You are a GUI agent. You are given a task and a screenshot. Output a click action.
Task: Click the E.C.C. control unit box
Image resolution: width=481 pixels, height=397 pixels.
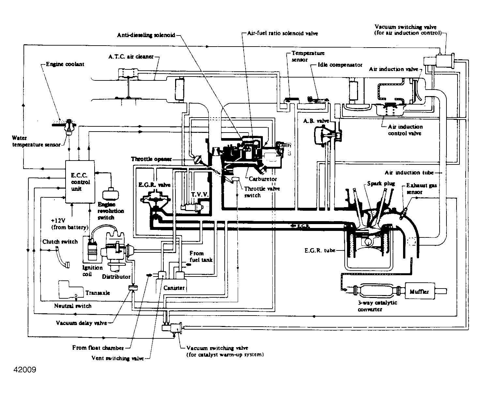pyautogui.click(x=80, y=182)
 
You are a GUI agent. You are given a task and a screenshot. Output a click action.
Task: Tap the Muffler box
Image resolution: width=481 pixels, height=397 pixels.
pyautogui.click(x=420, y=291)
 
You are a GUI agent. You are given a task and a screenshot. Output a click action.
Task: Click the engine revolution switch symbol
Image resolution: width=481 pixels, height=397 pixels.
pyautogui.click(x=111, y=194)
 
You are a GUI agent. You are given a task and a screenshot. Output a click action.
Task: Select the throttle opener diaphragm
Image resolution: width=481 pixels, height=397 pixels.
pyautogui.click(x=198, y=160)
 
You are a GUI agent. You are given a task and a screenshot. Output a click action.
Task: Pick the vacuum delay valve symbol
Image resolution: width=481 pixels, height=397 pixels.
pyautogui.click(x=133, y=288)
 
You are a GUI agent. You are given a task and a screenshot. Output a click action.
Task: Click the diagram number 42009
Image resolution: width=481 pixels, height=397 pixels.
pyautogui.click(x=25, y=370)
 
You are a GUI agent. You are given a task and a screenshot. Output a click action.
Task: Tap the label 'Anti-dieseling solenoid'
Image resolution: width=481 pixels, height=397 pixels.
pyautogui.click(x=146, y=35)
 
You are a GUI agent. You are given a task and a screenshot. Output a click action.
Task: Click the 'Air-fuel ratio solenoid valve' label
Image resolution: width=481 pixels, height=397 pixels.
pyautogui.click(x=283, y=33)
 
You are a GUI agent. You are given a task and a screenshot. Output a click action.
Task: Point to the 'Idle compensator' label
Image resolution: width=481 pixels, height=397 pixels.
pyautogui.click(x=340, y=65)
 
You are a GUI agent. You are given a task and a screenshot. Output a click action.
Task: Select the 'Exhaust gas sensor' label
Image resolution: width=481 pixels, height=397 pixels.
pyautogui.click(x=421, y=189)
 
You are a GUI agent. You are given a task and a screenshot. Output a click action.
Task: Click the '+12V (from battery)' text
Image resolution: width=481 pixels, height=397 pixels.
pyautogui.click(x=70, y=224)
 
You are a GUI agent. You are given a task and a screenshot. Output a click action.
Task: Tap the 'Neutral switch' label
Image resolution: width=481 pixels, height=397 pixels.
pyautogui.click(x=73, y=306)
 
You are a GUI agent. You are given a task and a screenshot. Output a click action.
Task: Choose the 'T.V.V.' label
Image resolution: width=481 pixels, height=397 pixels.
pyautogui.click(x=200, y=195)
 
